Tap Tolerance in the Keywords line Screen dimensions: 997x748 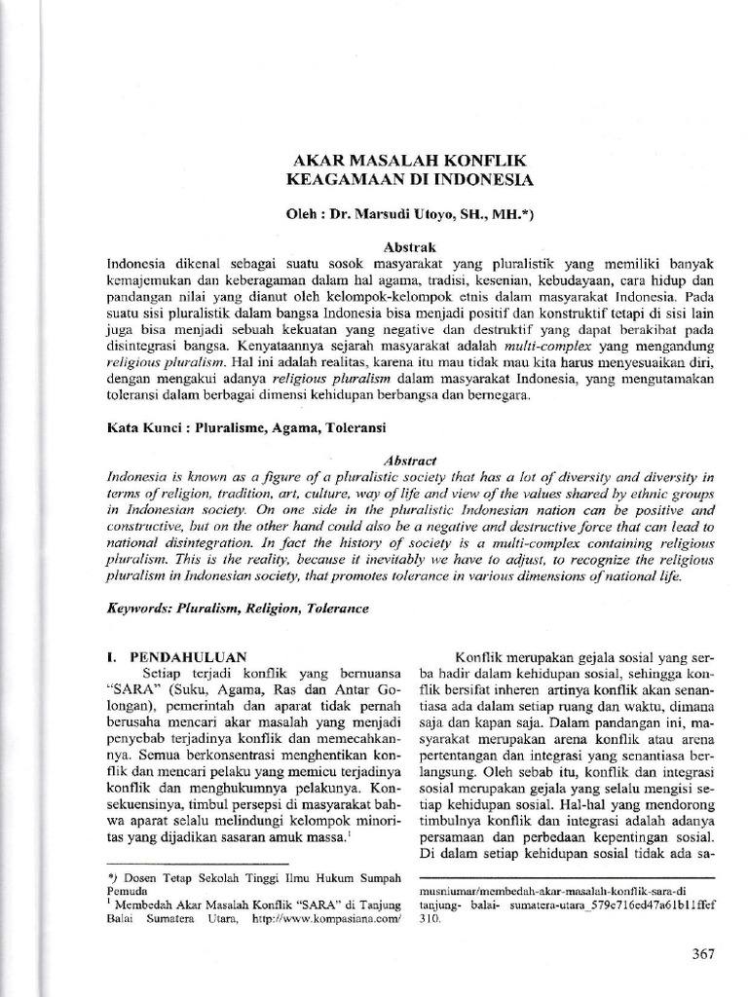337,608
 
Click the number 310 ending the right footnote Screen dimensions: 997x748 429,917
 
